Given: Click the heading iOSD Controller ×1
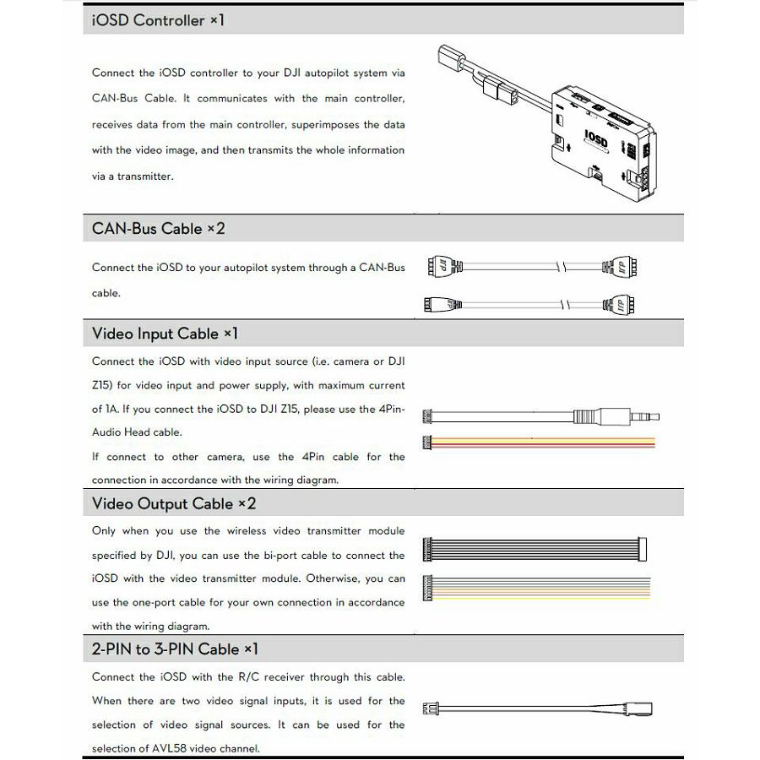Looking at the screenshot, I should click(158, 19).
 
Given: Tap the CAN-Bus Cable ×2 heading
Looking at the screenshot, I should click(158, 228).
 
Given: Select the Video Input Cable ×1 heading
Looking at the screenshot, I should click(165, 334).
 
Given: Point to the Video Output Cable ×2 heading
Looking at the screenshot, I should click(173, 503).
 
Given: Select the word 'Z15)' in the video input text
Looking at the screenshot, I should click(104, 385).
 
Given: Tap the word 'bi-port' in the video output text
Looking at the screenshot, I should click(279, 556).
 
